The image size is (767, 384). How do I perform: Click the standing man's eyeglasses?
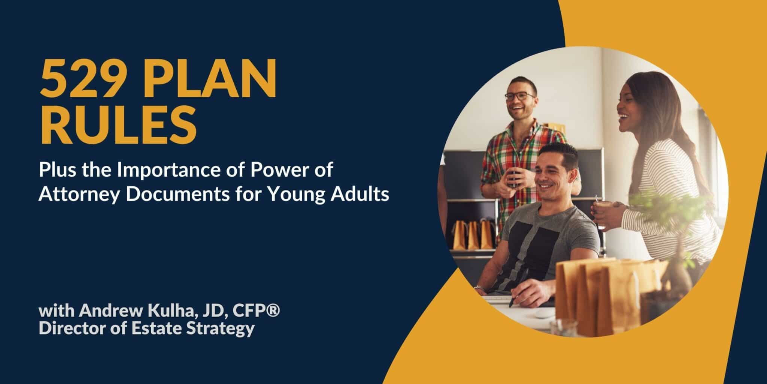(520, 96)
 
